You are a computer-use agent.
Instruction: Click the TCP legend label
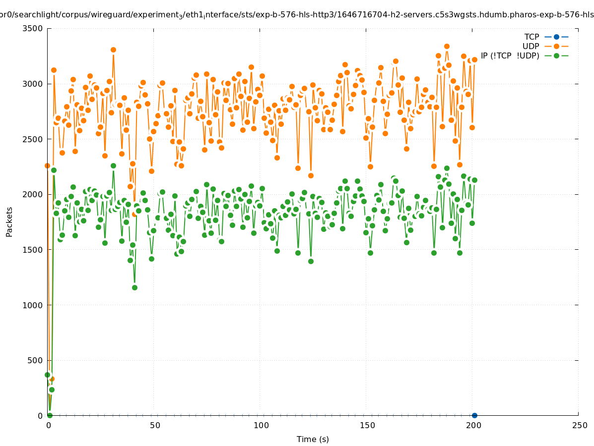pos(531,37)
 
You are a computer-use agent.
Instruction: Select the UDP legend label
pos(530,46)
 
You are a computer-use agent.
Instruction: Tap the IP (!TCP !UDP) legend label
pos(510,56)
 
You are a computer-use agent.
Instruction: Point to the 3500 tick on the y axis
pos(34,28)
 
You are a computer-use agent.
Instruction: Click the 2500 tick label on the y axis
pos(34,139)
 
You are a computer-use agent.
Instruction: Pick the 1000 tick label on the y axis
pos(34,305)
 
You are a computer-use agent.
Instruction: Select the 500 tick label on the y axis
pos(36,360)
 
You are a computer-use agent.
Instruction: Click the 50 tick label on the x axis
pos(155,425)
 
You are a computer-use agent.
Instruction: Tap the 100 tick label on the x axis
pos(261,425)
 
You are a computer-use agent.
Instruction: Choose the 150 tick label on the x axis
pos(367,425)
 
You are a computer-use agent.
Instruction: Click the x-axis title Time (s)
pos(313,439)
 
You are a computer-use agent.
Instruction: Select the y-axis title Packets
pos(9,222)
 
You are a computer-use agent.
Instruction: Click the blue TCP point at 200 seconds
pos(474,415)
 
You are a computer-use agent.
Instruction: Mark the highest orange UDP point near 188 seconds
pos(447,47)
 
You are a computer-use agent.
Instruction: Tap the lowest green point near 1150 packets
pos(134,287)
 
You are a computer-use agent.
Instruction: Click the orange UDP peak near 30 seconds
pos(113,50)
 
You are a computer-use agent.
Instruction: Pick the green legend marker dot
pos(556,56)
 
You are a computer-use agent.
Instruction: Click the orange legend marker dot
pos(556,46)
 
